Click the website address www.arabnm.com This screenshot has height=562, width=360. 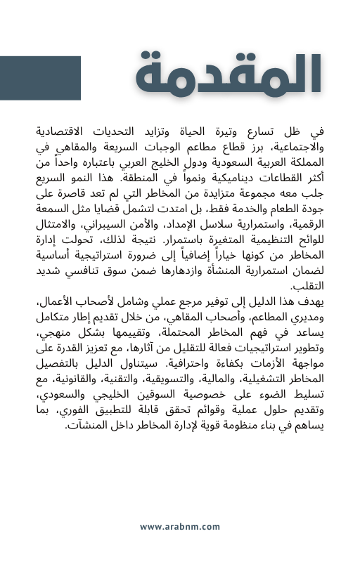point(180,526)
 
